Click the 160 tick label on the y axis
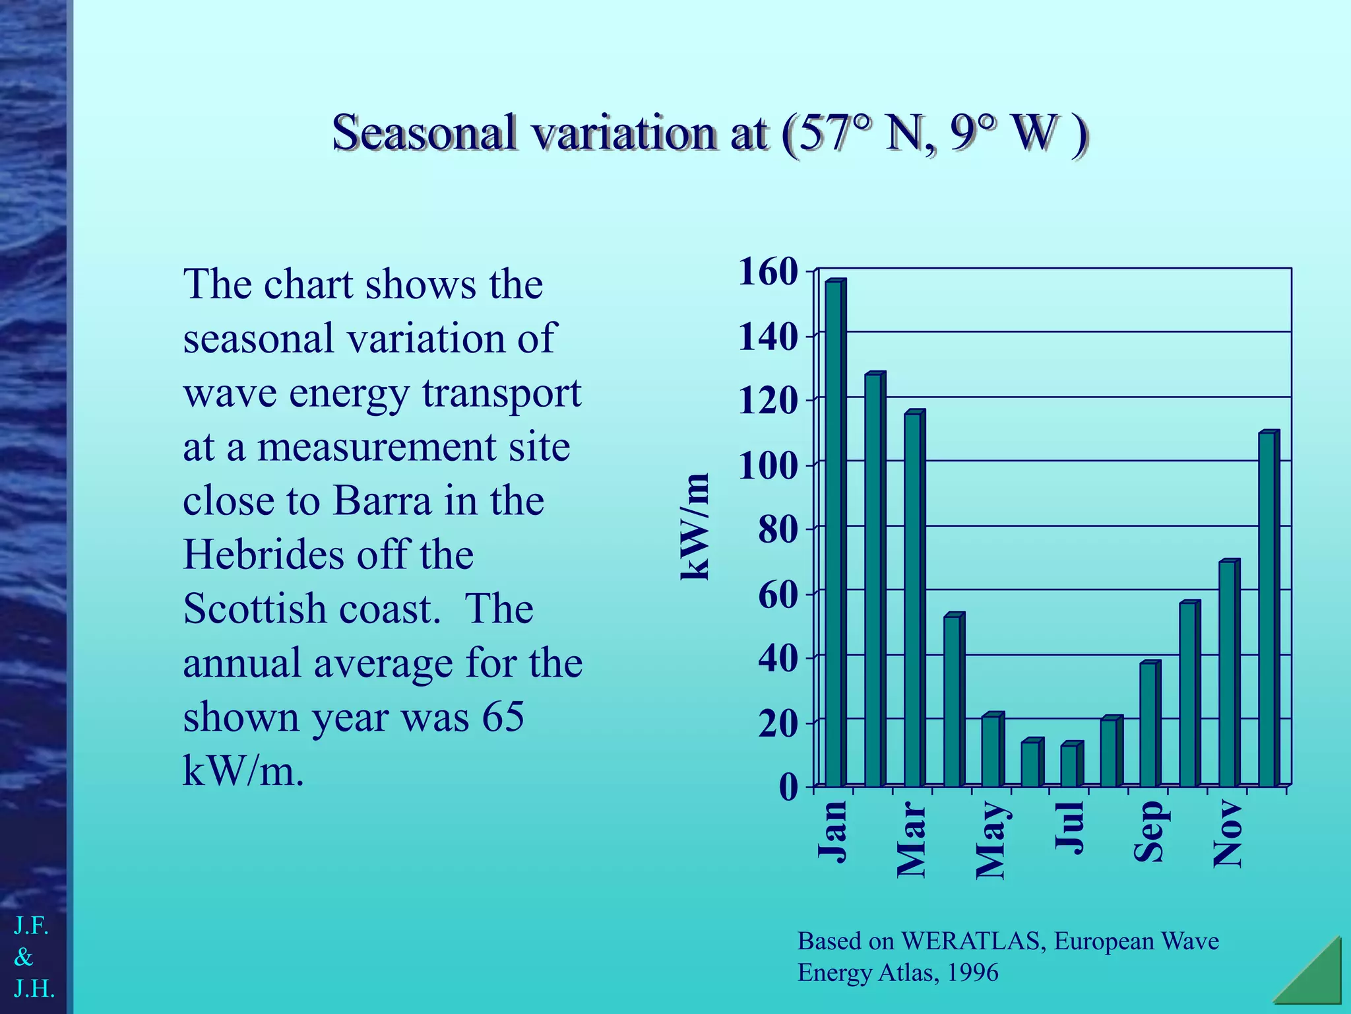[x=768, y=272]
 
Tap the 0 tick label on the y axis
[x=788, y=787]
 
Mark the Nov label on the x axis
[x=1228, y=833]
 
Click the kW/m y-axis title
[x=695, y=527]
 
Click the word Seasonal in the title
[x=424, y=132]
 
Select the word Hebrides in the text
[x=262, y=555]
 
